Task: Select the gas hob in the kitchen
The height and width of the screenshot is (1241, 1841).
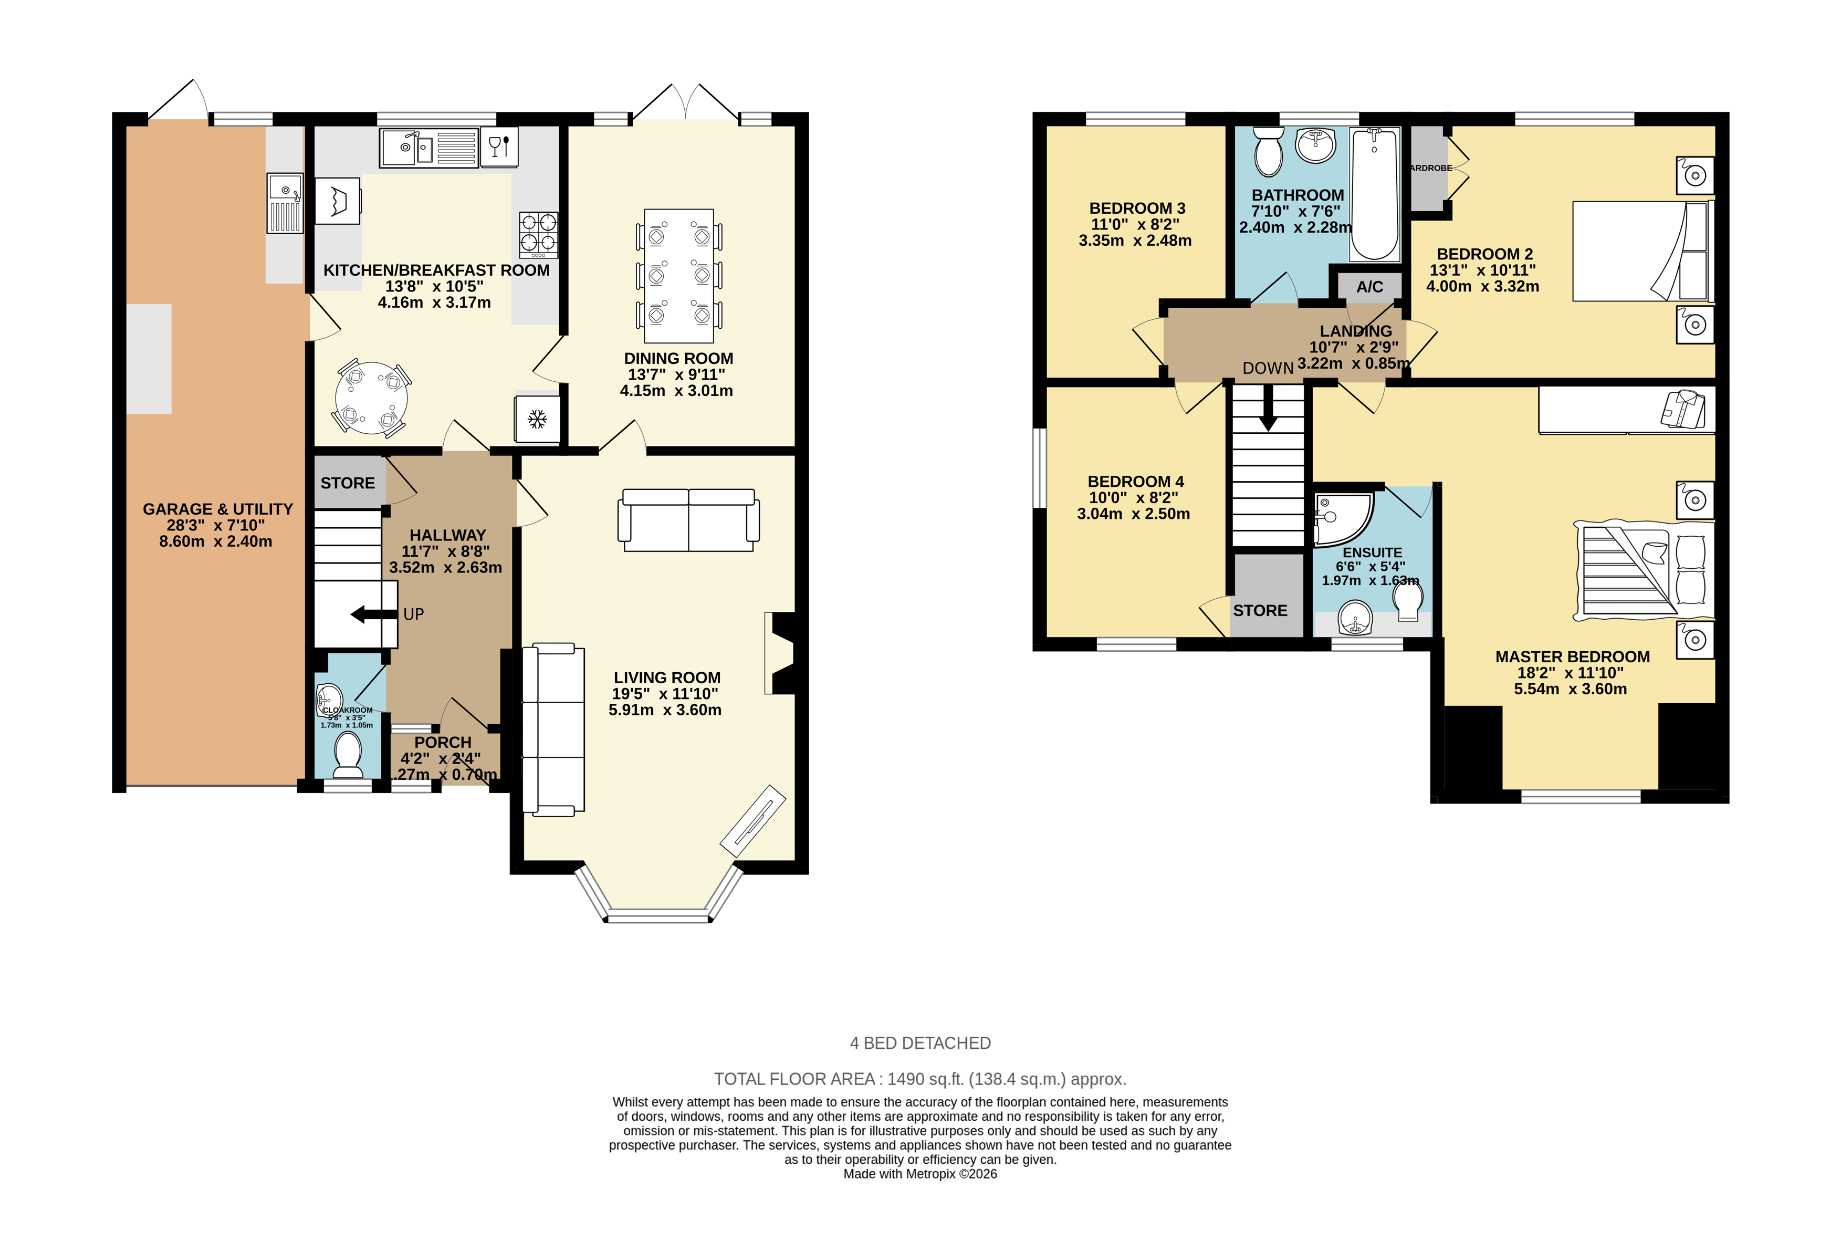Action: [538, 234]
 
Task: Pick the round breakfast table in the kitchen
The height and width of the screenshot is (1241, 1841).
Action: [371, 398]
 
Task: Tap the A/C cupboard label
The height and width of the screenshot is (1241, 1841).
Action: [1369, 287]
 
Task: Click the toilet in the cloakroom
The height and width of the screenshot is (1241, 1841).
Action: [347, 754]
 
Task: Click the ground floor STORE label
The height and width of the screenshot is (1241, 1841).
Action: [347, 483]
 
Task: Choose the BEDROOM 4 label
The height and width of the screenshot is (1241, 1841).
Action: [1135, 481]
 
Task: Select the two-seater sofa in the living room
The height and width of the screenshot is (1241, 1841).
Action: [688, 520]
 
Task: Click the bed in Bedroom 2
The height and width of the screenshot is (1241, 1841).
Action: [1641, 251]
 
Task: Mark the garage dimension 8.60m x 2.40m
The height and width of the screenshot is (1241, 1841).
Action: [215, 541]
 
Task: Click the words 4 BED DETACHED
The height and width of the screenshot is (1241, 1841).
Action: [920, 1043]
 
